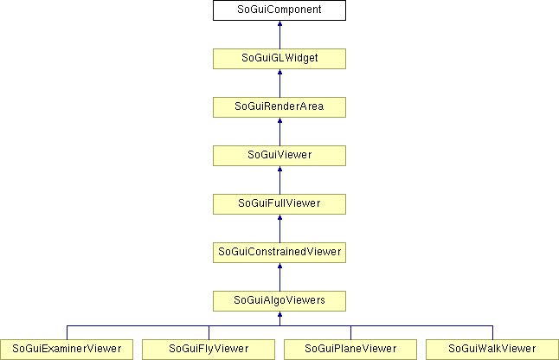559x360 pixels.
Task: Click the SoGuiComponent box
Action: (x=279, y=10)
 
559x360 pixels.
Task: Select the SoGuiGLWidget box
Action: (x=279, y=59)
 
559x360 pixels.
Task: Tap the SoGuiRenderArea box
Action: (x=279, y=107)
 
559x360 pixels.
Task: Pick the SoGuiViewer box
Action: (x=279, y=156)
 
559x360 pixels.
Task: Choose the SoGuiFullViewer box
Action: (x=279, y=204)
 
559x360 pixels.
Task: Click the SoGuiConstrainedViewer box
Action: (x=279, y=253)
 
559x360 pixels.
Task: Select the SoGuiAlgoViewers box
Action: (x=279, y=301)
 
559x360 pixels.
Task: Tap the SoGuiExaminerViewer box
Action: (x=67, y=350)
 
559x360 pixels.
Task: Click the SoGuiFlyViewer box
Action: (x=209, y=350)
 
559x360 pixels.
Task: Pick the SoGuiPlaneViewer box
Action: (x=350, y=350)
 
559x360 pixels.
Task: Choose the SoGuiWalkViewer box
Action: (x=492, y=350)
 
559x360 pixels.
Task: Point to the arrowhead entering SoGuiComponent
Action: (x=279, y=23)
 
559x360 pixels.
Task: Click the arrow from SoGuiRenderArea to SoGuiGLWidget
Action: (x=279, y=83)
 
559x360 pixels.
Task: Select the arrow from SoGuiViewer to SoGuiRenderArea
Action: (x=279, y=132)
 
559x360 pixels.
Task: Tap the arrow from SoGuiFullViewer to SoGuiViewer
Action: (x=279, y=180)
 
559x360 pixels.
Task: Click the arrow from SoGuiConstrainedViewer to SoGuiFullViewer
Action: (x=279, y=228)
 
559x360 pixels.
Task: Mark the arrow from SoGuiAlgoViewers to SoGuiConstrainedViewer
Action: (x=279, y=277)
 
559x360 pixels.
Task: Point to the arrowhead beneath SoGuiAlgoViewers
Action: (x=279, y=314)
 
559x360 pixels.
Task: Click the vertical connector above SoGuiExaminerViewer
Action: (x=67, y=332)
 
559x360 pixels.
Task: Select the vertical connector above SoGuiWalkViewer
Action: (x=492, y=332)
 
